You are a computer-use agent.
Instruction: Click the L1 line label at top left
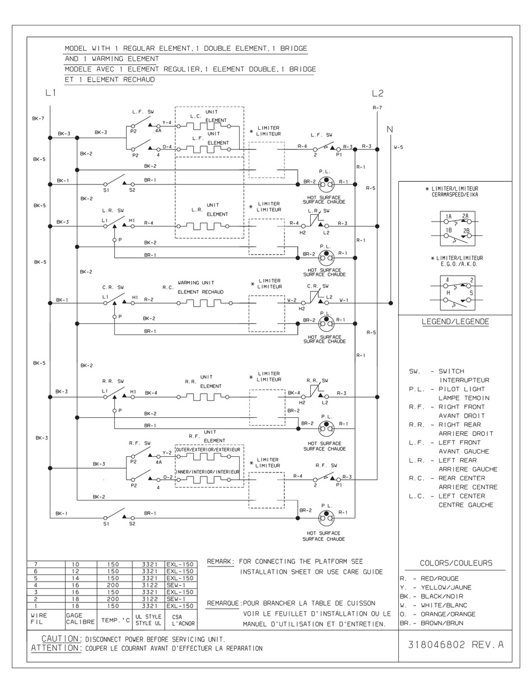tap(50, 93)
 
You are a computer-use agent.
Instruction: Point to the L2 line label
tap(377, 93)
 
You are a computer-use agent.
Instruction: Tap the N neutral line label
tap(390, 129)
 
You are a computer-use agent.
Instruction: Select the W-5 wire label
tap(399, 148)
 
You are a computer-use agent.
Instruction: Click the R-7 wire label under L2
tap(377, 107)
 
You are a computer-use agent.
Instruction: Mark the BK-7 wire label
tap(38, 118)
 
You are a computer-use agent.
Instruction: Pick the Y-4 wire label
tap(167, 122)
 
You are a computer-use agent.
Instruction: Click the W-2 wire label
tap(292, 300)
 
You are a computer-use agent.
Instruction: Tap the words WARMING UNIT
tap(196, 283)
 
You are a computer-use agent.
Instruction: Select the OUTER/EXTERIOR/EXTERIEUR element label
tap(208, 450)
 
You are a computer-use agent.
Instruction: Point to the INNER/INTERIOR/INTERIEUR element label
tap(208, 472)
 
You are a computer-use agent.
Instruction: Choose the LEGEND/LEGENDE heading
tap(455, 322)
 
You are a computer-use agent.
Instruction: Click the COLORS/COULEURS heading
tap(456, 563)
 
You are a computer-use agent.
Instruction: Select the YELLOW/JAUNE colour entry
tap(446, 587)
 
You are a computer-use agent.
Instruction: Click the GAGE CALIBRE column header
tap(81, 619)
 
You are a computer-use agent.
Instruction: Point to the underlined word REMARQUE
tap(223, 603)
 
